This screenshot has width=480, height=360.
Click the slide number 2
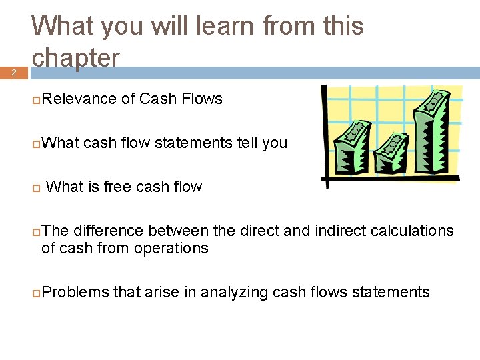[x=13, y=73]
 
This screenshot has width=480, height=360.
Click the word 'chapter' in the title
[x=75, y=59]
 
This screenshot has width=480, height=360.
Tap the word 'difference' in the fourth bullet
[x=108, y=231]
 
